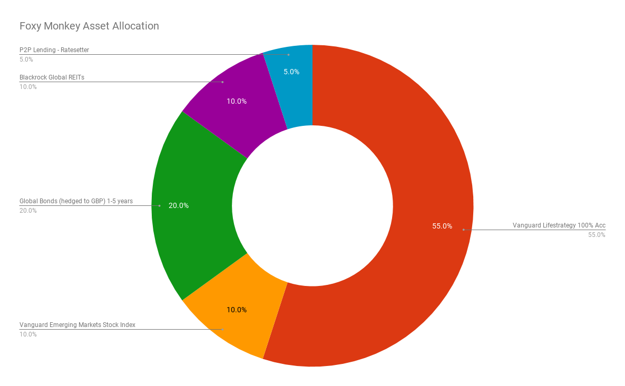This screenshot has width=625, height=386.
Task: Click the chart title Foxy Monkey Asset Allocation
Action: click(x=89, y=26)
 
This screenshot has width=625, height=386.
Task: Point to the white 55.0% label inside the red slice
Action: click(x=442, y=226)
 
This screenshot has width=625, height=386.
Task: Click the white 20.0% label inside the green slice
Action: click(x=179, y=205)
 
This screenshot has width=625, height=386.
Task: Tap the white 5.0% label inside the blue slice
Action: click(x=291, y=72)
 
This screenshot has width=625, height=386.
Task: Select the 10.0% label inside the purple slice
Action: click(x=237, y=101)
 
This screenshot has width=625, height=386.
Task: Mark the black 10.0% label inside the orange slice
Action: click(x=237, y=310)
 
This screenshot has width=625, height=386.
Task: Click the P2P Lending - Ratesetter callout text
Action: click(x=54, y=50)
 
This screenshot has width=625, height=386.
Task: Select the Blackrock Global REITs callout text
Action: click(x=52, y=77)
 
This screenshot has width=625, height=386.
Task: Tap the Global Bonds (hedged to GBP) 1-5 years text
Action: click(x=76, y=201)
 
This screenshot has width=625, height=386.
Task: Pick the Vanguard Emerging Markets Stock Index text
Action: click(x=77, y=325)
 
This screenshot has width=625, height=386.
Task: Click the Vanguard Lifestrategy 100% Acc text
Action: click(x=559, y=225)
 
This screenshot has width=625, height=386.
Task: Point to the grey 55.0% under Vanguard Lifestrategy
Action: click(x=597, y=235)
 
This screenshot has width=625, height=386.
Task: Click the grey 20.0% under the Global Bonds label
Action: click(x=28, y=211)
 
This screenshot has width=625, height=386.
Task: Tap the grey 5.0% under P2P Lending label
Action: click(x=26, y=60)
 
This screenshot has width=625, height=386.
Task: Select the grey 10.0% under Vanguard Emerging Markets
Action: click(x=28, y=334)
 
